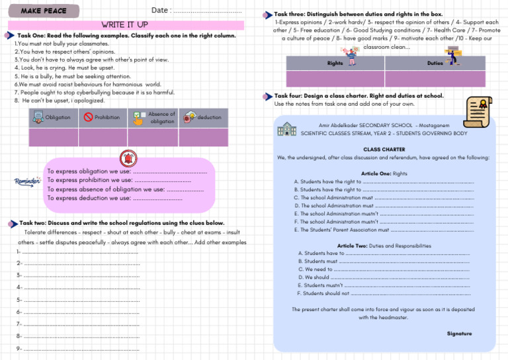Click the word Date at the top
pos(159,10)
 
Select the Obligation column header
pos(56,118)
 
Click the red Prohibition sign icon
pos(88,118)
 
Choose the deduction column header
pos(209,118)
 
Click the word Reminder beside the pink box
pos(27,182)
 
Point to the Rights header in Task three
pos(335,64)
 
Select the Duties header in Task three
pos(435,64)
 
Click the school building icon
pos(288,129)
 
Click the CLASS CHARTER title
pos(384,150)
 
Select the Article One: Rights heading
pos(384,173)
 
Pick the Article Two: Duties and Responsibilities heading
pos(384,246)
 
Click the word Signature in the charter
pos(459,334)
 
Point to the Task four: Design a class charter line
pos(359,96)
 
